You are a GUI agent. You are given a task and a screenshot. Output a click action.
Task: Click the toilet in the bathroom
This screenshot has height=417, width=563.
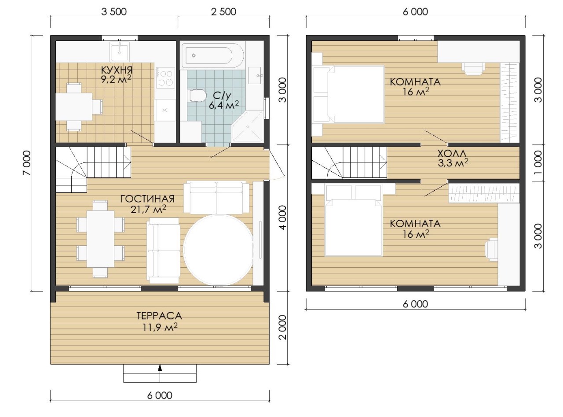click(197, 96)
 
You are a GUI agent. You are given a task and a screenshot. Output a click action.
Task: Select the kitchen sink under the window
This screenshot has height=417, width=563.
click(120, 52)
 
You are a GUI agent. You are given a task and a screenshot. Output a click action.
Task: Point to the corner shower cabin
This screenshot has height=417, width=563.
click(248, 126)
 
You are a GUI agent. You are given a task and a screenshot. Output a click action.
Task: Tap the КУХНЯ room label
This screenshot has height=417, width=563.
click(117, 70)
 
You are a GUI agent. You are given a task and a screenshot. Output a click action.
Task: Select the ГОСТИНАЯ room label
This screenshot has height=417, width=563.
click(147, 199)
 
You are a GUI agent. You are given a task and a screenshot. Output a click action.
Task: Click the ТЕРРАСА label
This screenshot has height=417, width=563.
click(159, 316)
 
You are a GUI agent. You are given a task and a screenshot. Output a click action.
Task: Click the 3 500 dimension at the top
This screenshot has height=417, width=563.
click(114, 12)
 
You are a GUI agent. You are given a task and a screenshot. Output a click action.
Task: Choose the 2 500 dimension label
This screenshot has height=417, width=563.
click(223, 12)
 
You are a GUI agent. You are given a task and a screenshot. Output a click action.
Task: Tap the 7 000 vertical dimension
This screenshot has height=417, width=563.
click(27, 163)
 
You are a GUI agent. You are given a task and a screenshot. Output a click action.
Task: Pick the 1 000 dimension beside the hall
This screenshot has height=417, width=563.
click(537, 163)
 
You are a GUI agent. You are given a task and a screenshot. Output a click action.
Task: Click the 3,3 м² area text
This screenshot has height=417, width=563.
click(453, 162)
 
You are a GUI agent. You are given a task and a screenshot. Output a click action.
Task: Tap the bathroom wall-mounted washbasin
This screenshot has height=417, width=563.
click(255, 75)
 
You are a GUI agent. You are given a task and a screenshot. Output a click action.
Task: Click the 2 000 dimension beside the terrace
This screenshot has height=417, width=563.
click(282, 328)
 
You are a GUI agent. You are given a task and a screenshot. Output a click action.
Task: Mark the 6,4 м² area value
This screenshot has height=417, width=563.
click(223, 105)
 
